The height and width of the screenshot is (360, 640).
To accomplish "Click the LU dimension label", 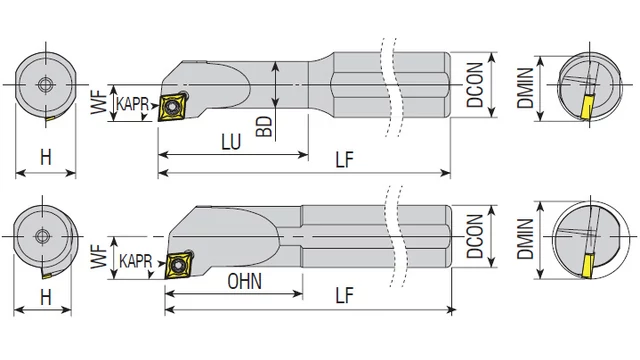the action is coord(231,142).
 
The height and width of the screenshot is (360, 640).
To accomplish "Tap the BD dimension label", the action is coord(264,126).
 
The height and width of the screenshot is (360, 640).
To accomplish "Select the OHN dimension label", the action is coord(244,282).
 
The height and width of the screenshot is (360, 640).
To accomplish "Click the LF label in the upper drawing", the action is coord(344,160).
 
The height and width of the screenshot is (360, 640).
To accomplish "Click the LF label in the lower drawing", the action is coord(344,295).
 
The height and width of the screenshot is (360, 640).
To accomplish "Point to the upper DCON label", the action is coord(475,85).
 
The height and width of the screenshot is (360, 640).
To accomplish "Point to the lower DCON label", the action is coord(475,237).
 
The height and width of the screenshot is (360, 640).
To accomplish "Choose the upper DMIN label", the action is coord(525,88).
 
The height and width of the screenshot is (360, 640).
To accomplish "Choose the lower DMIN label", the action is coord(525,239).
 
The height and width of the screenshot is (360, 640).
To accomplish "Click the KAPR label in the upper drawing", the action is coord(132,104).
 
